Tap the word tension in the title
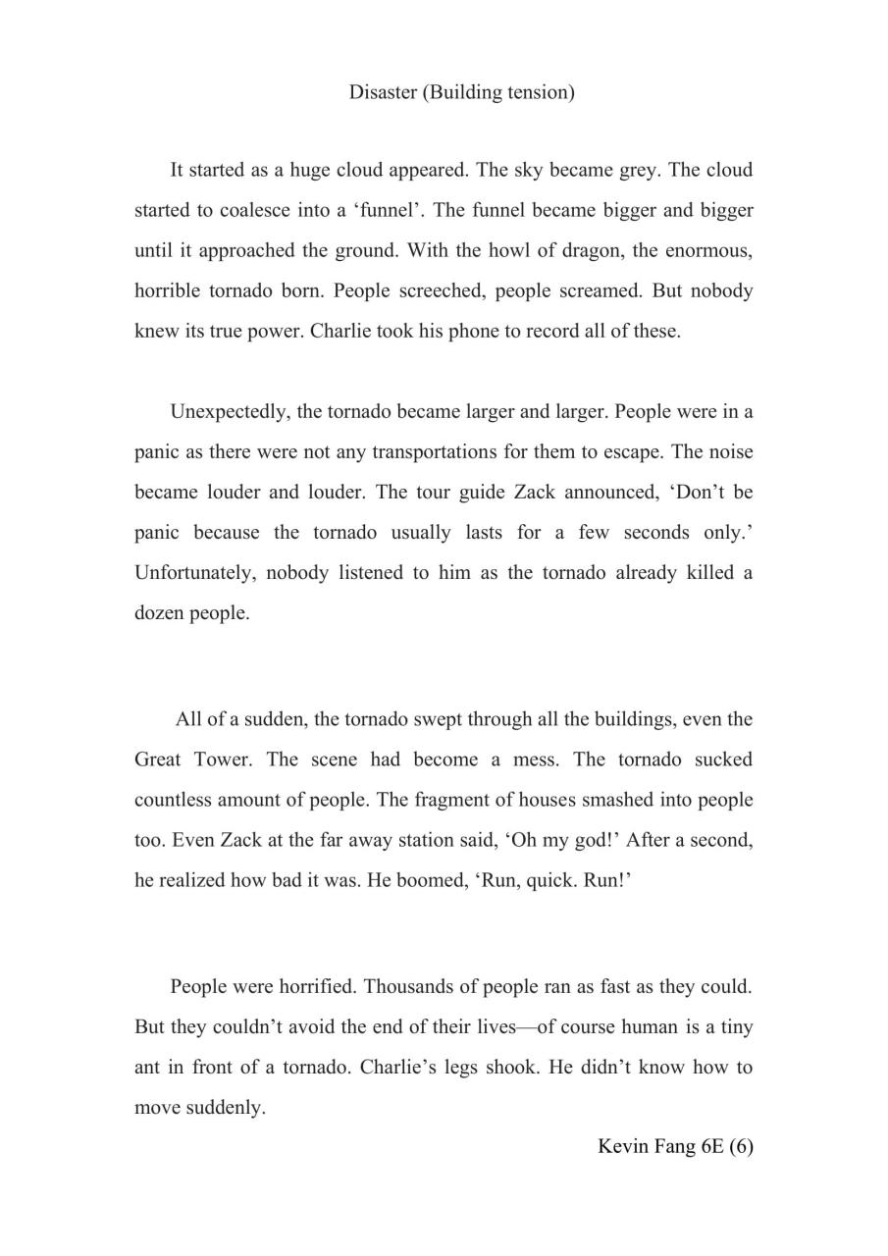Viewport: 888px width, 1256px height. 539,92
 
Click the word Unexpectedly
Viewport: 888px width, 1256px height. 228,411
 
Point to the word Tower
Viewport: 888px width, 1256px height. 223,759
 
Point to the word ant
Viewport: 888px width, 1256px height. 146,1067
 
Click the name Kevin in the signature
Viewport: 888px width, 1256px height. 622,1146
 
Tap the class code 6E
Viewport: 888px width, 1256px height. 712,1146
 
